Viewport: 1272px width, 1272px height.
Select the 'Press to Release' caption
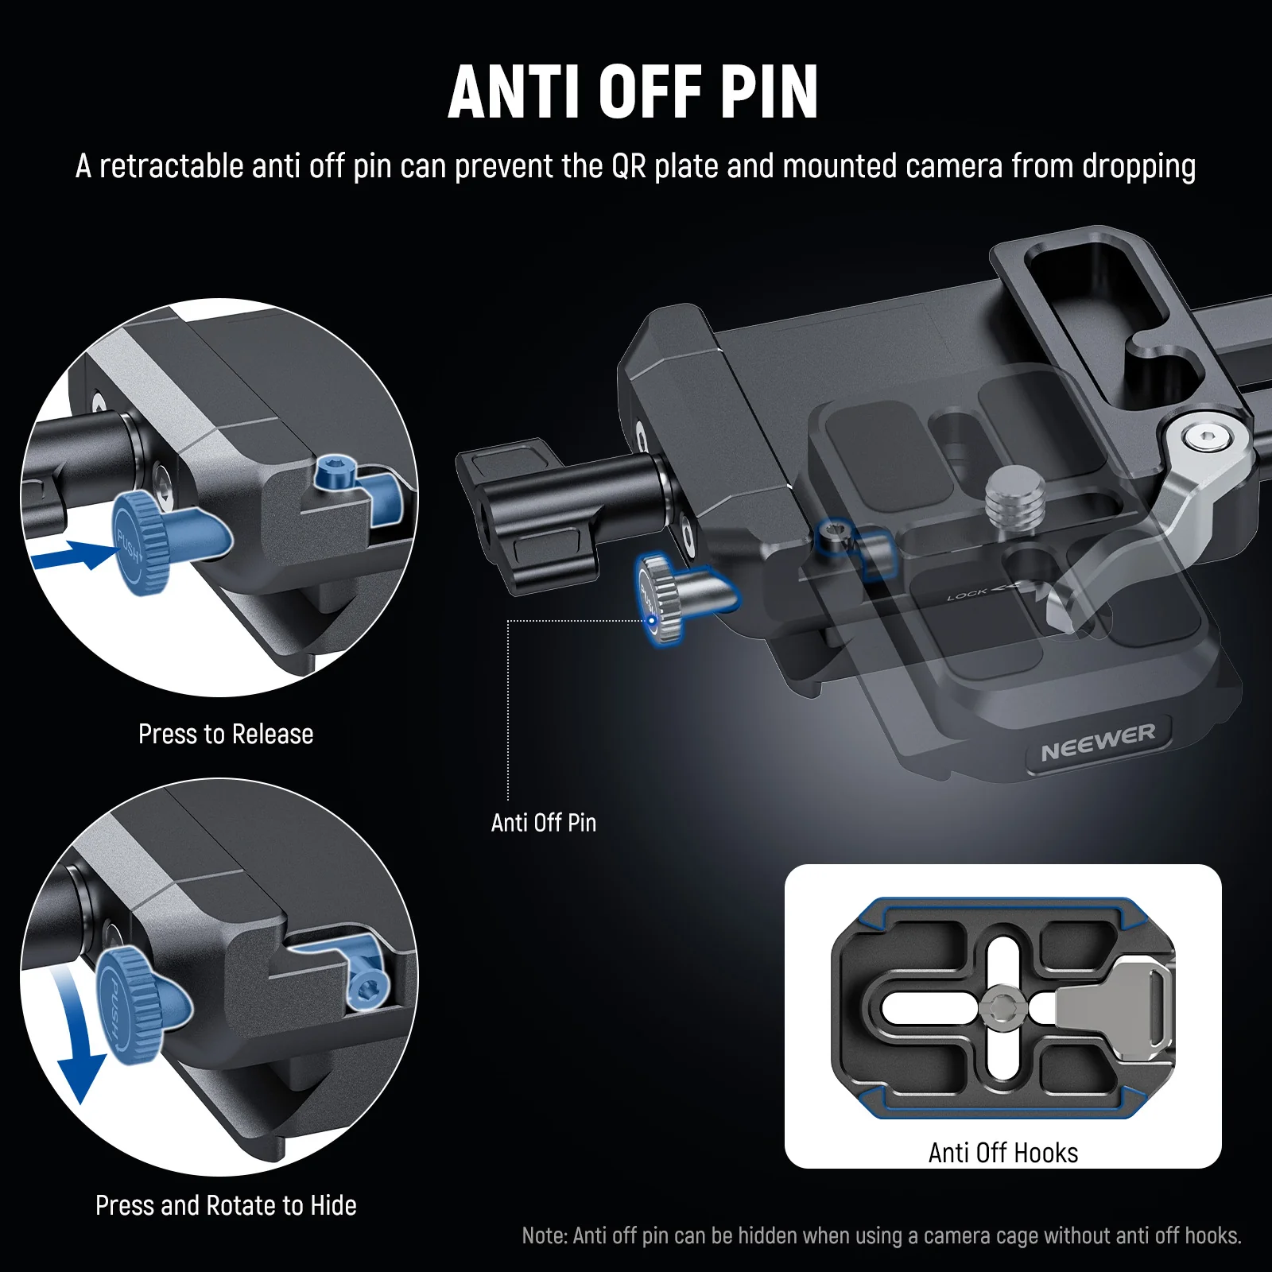226,734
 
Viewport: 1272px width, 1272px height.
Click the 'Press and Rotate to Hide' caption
226,1205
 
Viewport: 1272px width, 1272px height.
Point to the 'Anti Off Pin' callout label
544,822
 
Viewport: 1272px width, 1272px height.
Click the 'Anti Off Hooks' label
1002,1153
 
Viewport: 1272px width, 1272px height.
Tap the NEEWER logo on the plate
1098,741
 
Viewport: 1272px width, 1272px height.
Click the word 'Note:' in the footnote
544,1236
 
